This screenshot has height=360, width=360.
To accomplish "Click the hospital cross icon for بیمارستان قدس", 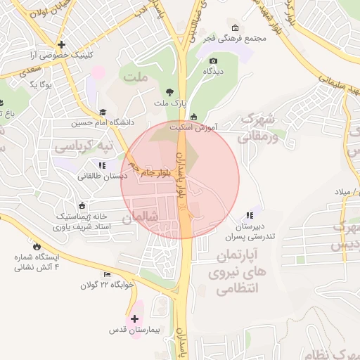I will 135,319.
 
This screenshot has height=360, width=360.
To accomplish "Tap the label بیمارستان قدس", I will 135,330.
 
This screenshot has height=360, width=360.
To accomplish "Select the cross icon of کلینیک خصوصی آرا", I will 63,44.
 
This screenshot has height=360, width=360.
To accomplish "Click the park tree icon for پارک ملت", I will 169,92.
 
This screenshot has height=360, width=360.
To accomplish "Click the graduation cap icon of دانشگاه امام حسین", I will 103,112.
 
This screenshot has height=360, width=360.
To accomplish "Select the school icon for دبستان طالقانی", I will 103,166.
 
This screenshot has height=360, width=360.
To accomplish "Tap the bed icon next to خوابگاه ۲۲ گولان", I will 107,274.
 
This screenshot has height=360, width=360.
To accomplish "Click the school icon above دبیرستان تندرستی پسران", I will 250,216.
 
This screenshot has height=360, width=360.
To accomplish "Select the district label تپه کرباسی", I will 79,147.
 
